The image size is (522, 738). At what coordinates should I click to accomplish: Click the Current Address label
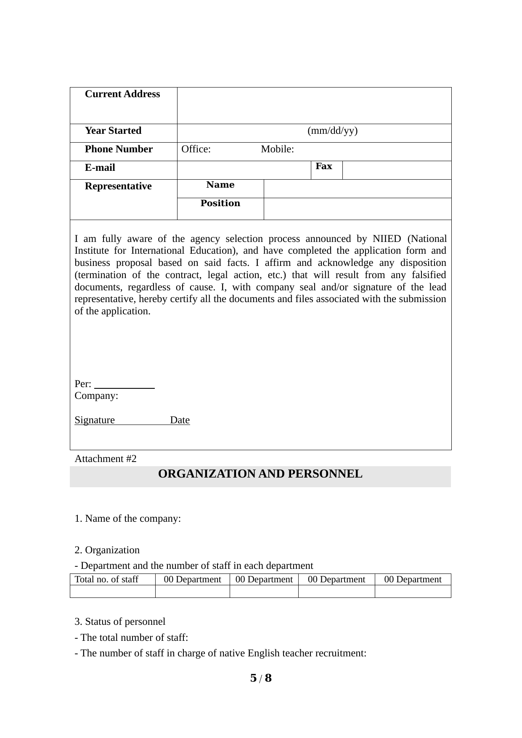click(122, 94)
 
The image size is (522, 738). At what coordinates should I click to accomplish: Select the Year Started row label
click(113, 131)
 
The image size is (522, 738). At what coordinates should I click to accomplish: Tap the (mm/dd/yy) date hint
click(332, 131)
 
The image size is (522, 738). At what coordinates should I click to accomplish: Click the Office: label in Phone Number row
click(196, 149)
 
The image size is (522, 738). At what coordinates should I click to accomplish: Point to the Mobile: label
click(277, 149)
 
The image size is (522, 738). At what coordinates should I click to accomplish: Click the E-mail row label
click(100, 168)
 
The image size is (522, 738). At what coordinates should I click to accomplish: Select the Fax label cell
click(324, 167)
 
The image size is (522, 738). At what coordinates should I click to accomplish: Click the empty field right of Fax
click(397, 170)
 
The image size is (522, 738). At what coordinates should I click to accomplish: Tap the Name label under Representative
click(220, 185)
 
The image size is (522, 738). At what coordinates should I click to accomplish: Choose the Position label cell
click(220, 204)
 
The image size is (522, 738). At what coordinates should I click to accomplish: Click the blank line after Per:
click(125, 385)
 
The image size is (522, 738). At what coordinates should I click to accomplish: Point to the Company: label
click(96, 396)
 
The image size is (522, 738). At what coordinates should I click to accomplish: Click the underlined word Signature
click(95, 420)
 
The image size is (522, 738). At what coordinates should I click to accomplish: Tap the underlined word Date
click(180, 420)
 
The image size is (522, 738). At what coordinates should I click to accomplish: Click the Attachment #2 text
click(106, 459)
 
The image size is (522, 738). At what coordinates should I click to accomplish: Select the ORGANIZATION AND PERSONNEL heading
click(260, 474)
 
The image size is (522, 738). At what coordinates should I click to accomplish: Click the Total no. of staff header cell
click(106, 579)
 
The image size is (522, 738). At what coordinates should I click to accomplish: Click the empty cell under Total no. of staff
click(112, 592)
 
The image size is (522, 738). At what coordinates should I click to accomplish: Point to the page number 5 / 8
click(261, 678)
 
